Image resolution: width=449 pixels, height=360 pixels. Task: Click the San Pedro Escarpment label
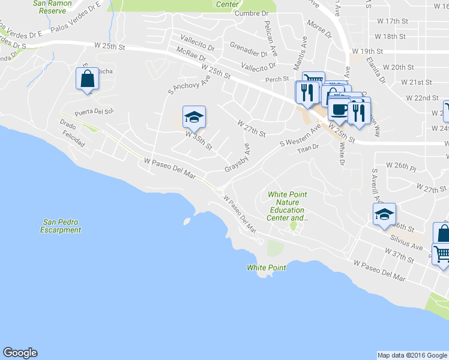click(x=61, y=226)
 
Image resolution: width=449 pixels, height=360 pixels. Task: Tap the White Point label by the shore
click(x=266, y=268)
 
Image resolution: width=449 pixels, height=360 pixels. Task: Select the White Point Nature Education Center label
click(x=288, y=206)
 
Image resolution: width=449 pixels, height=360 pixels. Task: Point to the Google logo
click(x=20, y=353)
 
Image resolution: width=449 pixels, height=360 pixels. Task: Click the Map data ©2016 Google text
click(x=412, y=355)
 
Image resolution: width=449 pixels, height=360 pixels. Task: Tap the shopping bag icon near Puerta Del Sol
click(x=87, y=79)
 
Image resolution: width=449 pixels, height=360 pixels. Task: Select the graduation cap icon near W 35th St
click(x=194, y=116)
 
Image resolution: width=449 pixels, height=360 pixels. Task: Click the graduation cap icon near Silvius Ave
click(x=384, y=214)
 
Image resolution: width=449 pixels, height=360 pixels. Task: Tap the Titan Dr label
click(x=307, y=147)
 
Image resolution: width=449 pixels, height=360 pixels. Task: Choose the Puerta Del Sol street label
click(x=94, y=112)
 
